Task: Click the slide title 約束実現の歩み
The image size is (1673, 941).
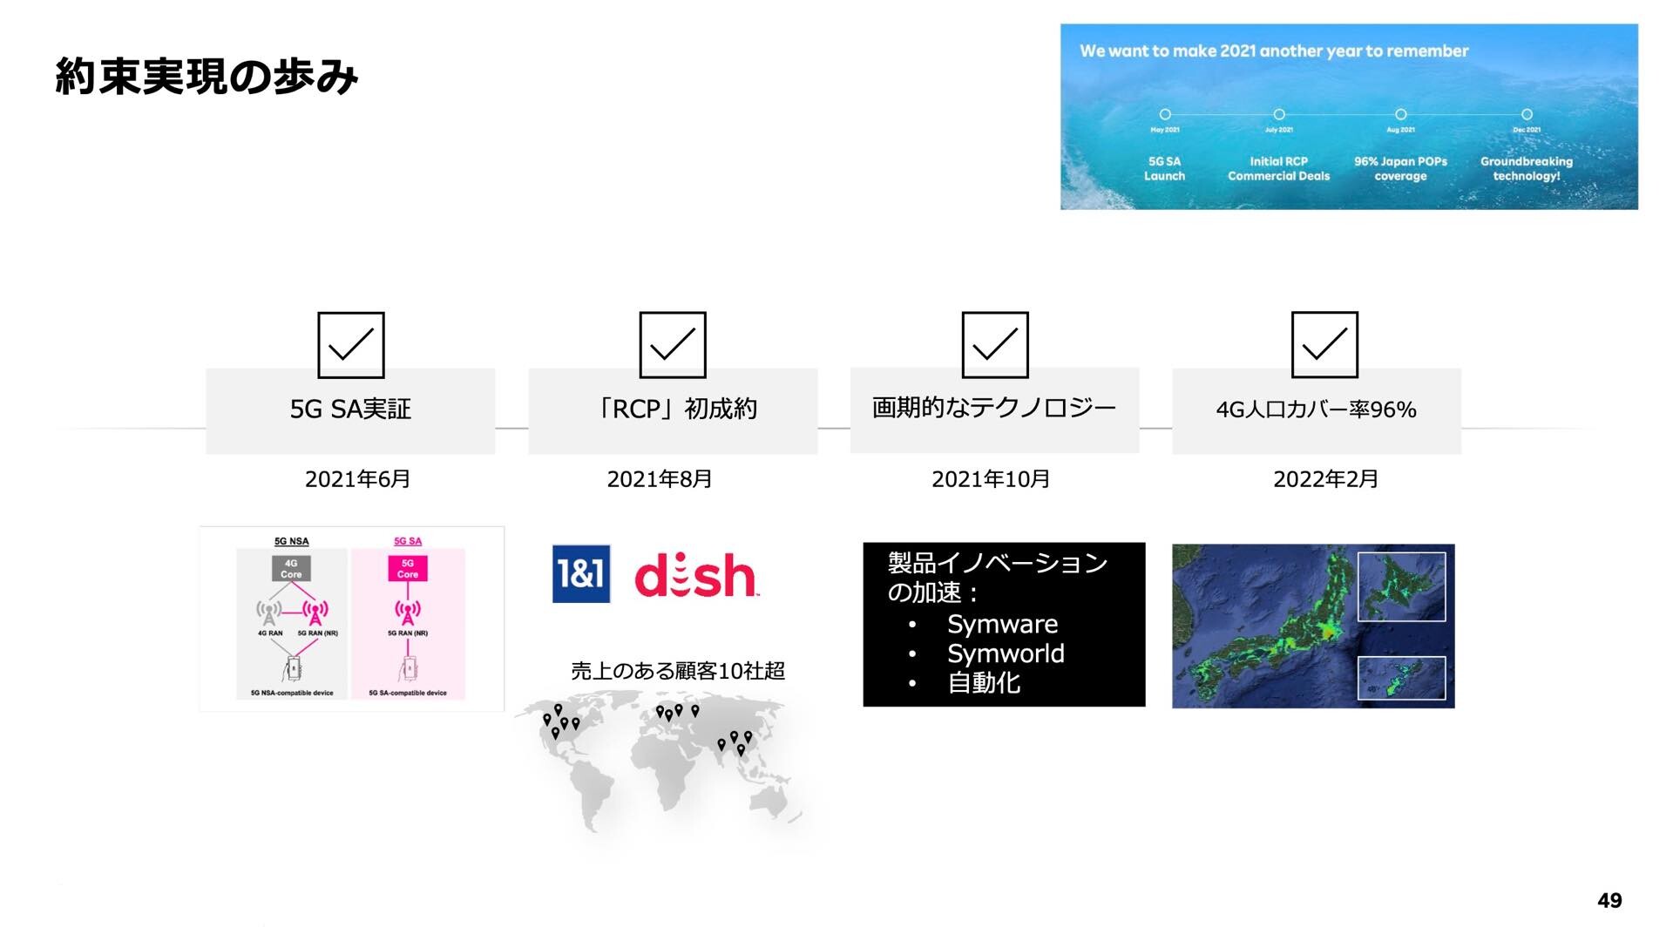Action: point(207,78)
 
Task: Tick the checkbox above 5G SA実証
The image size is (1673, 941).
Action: point(350,345)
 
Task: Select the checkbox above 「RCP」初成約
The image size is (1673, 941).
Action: point(673,345)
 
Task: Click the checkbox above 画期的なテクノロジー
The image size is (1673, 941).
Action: point(994,345)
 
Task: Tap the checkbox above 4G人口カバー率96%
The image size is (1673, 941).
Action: point(1324,345)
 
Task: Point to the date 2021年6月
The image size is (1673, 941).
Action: point(357,479)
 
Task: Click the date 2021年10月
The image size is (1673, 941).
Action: point(991,479)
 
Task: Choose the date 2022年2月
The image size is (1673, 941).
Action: point(1325,479)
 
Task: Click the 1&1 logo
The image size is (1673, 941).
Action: point(581,574)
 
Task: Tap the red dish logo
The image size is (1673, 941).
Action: point(695,576)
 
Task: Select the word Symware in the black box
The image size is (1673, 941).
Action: point(1002,624)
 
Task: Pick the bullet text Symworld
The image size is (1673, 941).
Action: point(1006,653)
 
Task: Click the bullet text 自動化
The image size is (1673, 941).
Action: point(984,683)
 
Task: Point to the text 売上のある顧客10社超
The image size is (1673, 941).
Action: point(678,671)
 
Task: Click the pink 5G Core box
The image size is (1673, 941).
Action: point(408,569)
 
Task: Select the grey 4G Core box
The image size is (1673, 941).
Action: point(291,569)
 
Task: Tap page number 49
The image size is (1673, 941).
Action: point(1609,901)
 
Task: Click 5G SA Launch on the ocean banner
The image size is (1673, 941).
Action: point(1164,168)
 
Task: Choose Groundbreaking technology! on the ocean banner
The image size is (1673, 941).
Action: point(1526,168)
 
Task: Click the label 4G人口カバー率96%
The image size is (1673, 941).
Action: point(1316,410)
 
